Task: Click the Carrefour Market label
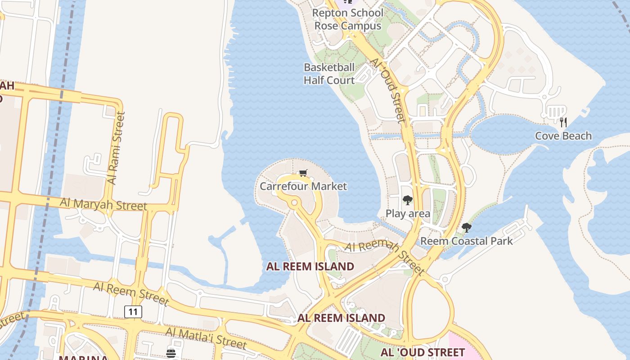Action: [303, 186]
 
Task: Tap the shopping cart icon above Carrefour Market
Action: [303, 173]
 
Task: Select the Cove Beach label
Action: [563, 136]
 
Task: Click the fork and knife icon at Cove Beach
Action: [563, 122]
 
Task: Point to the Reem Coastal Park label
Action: [466, 241]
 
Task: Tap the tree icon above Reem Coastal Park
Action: [467, 228]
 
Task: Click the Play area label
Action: [408, 214]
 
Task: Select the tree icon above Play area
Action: [408, 200]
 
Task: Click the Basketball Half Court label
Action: [329, 74]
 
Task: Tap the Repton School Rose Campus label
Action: [348, 19]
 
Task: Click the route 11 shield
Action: [133, 311]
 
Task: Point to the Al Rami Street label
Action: [116, 148]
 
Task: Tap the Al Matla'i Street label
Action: [206, 338]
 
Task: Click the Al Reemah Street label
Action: [385, 258]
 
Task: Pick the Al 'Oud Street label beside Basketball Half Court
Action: [388, 90]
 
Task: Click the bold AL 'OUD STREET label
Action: [423, 352]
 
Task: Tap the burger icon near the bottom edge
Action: [171, 353]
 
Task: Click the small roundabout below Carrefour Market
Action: [294, 203]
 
